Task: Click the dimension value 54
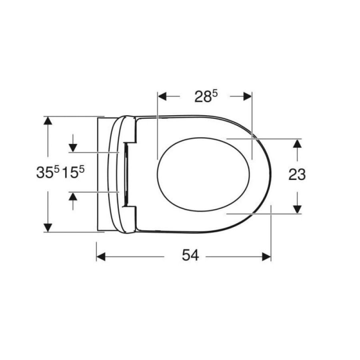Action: tap(190, 255)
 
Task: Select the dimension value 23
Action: tap(297, 174)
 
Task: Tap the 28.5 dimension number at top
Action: tap(206, 96)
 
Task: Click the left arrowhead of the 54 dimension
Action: tap(101, 257)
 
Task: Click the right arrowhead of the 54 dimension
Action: tap(266, 257)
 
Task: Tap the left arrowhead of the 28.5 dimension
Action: tap(162, 96)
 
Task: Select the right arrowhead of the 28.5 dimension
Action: tap(248, 96)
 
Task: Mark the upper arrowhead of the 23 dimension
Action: tap(298, 144)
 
